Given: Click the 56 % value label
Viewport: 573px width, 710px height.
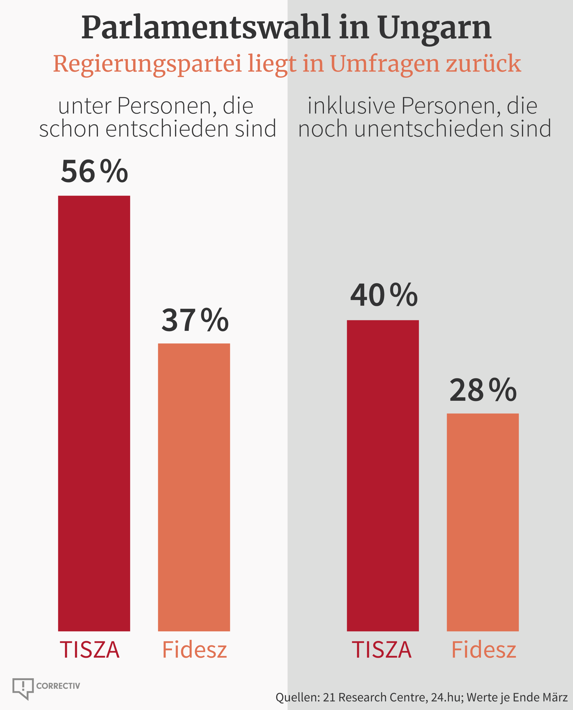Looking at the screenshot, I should tap(94, 171).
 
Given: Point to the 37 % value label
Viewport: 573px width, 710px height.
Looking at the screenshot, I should tap(195, 320).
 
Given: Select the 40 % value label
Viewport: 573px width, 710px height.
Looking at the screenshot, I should tap(384, 295).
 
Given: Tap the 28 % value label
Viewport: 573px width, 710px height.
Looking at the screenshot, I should tap(483, 390).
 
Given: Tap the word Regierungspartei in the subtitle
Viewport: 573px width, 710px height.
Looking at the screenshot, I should tap(148, 64).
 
